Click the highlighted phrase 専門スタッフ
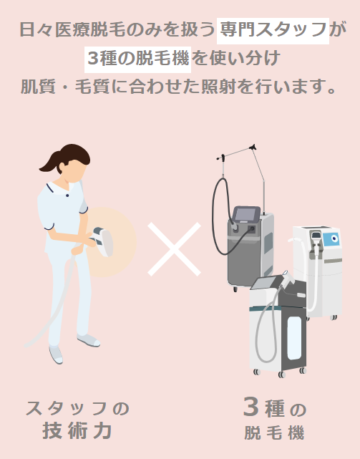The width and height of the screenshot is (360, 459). click(x=273, y=30)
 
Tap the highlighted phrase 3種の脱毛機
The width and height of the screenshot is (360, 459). click(x=138, y=59)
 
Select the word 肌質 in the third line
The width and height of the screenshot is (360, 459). click(x=38, y=87)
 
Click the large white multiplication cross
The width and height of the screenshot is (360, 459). click(x=174, y=248)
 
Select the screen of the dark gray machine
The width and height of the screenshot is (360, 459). click(x=246, y=214)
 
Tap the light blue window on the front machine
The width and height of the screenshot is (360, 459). click(x=294, y=338)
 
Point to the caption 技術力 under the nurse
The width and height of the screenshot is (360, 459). click(x=77, y=430)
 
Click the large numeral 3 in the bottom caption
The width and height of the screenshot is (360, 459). click(x=251, y=406)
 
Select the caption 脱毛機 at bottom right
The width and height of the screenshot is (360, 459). click(x=275, y=433)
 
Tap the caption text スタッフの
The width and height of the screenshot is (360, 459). click(x=77, y=408)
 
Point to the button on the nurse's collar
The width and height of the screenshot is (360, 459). click(x=67, y=195)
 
